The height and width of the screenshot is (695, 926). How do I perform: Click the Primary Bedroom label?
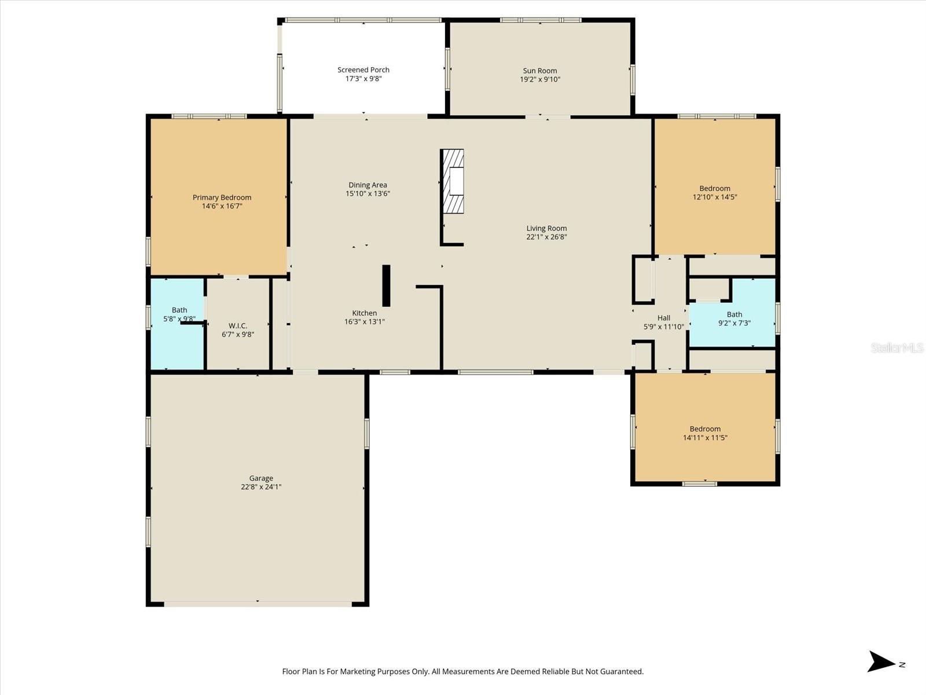[222, 197]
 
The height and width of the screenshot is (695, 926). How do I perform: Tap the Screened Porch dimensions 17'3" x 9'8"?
[363, 79]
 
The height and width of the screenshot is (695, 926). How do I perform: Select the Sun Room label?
[539, 71]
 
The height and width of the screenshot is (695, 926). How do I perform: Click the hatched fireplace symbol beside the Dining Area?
[453, 181]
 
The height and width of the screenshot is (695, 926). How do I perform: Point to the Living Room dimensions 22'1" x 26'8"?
[546, 237]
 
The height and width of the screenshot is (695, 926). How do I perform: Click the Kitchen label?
[364, 313]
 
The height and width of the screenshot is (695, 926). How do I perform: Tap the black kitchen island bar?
[386, 285]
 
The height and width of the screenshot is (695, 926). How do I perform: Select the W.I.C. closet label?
[237, 326]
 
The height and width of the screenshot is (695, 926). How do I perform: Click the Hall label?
[664, 318]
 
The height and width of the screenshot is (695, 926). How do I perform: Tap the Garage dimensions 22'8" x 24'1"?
[261, 487]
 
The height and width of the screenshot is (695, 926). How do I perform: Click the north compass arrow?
[881, 661]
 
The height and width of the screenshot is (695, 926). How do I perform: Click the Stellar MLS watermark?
[897, 348]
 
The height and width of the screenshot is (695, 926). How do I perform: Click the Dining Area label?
[368, 185]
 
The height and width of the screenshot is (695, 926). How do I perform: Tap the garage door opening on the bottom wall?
[258, 603]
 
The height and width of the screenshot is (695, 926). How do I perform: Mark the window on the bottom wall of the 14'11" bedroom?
[700, 483]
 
